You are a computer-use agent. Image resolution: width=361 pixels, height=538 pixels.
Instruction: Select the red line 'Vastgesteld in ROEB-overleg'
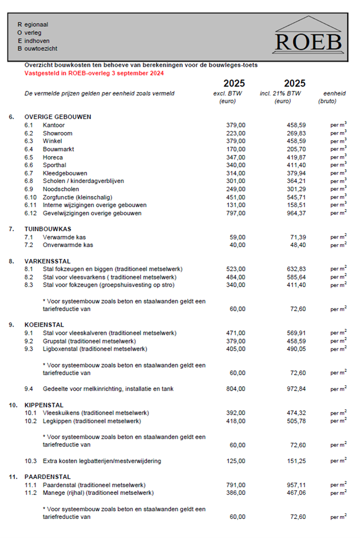click(x=94, y=73)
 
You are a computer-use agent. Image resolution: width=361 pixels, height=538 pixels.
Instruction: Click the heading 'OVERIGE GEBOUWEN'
click(x=57, y=117)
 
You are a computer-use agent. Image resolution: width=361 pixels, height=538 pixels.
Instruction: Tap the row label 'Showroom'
click(x=57, y=133)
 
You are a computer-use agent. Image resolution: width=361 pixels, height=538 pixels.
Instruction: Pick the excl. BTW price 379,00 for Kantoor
click(x=236, y=125)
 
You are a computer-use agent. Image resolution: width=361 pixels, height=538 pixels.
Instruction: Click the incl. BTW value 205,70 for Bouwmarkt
click(x=296, y=149)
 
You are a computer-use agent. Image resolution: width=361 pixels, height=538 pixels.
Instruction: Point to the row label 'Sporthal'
click(x=54, y=165)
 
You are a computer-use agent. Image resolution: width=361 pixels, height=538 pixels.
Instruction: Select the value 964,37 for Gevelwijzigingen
click(x=296, y=213)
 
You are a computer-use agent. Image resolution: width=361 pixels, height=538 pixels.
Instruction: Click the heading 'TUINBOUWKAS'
click(x=48, y=229)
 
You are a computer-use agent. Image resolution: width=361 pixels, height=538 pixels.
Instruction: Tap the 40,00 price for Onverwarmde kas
click(x=237, y=245)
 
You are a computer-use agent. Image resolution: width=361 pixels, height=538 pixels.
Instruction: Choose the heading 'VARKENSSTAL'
click(x=48, y=261)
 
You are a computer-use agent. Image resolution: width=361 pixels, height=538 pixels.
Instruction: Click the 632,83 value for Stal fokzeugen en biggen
click(x=296, y=269)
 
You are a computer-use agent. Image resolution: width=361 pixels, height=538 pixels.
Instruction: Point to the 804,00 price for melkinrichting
click(x=236, y=389)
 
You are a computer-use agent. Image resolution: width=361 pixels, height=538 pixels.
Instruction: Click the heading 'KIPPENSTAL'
click(x=44, y=405)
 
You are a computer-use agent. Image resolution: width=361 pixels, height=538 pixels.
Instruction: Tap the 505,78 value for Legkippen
click(x=296, y=421)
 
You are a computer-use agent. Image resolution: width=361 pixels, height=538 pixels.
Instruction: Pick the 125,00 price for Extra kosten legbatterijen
click(x=236, y=461)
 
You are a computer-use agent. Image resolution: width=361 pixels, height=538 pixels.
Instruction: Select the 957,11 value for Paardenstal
click(x=296, y=485)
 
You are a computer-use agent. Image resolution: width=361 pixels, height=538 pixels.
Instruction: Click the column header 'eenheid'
click(x=334, y=93)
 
